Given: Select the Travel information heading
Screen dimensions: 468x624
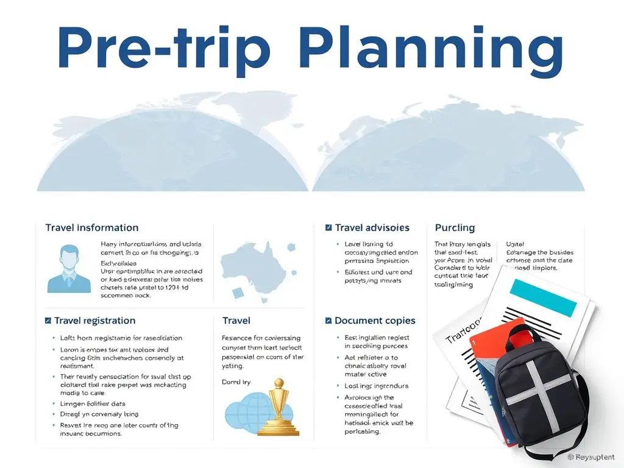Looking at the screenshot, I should [91, 228].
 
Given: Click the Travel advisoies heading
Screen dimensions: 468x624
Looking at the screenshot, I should [372, 228].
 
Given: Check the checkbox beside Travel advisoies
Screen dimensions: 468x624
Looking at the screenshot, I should [329, 228].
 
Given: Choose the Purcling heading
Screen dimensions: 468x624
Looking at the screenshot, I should [455, 228].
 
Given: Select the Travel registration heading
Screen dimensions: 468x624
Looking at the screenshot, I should [94, 321].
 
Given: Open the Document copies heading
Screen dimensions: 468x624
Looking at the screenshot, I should [375, 321].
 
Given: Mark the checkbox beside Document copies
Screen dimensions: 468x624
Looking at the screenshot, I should [329, 321].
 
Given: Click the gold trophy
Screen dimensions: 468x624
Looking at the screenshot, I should [278, 408].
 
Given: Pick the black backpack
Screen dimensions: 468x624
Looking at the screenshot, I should [536, 390].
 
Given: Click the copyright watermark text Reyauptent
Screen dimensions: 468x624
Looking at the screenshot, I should [594, 456].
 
